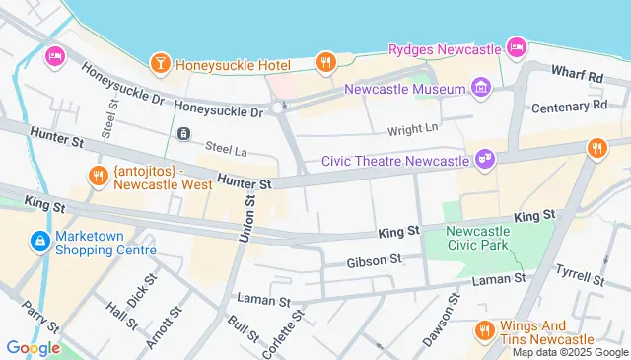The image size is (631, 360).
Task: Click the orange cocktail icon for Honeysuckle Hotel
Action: pos(159,65)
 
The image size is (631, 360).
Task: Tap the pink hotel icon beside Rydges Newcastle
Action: pos(516,46)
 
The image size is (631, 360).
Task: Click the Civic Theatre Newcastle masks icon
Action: pos(484,158)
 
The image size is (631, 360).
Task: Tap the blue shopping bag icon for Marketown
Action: pos(39,241)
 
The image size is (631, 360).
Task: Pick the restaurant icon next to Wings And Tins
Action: pos(484,330)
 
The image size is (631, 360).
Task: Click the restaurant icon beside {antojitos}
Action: pos(97,176)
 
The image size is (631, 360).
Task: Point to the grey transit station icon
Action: pos(182,133)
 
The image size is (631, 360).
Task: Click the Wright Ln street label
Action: pos(411,127)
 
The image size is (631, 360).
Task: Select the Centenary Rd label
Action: pos(572,105)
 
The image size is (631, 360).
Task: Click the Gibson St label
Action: pos(374,262)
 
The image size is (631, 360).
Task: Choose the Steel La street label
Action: pos(225,149)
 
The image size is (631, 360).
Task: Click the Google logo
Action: pos(33,347)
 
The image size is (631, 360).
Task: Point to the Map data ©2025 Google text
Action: pos(569,352)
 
